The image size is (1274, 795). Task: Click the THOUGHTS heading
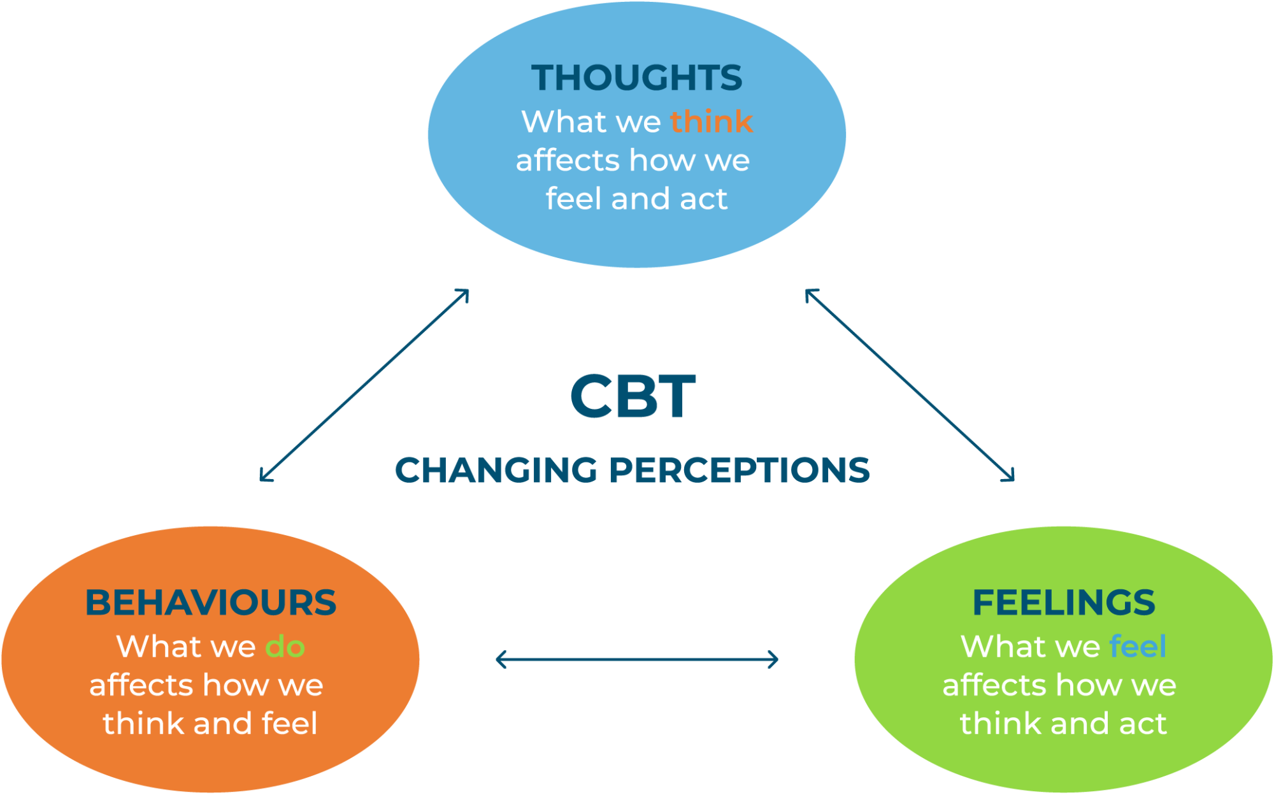click(637, 78)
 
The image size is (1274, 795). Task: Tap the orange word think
click(712, 121)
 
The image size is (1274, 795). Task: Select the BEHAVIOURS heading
click(211, 603)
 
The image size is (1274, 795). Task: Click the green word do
click(285, 647)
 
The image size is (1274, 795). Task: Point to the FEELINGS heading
click(1064, 603)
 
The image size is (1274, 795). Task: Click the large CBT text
click(633, 396)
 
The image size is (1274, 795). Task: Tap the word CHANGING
click(497, 470)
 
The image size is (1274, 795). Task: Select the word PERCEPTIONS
click(740, 470)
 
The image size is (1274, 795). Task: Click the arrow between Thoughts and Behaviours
click(364, 385)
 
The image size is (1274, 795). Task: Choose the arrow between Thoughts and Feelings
click(910, 385)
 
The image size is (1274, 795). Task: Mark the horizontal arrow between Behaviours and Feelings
click(637, 659)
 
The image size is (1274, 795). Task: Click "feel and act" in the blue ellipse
click(636, 199)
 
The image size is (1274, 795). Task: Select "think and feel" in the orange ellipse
click(210, 724)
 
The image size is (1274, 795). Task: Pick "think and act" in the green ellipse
click(1063, 724)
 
